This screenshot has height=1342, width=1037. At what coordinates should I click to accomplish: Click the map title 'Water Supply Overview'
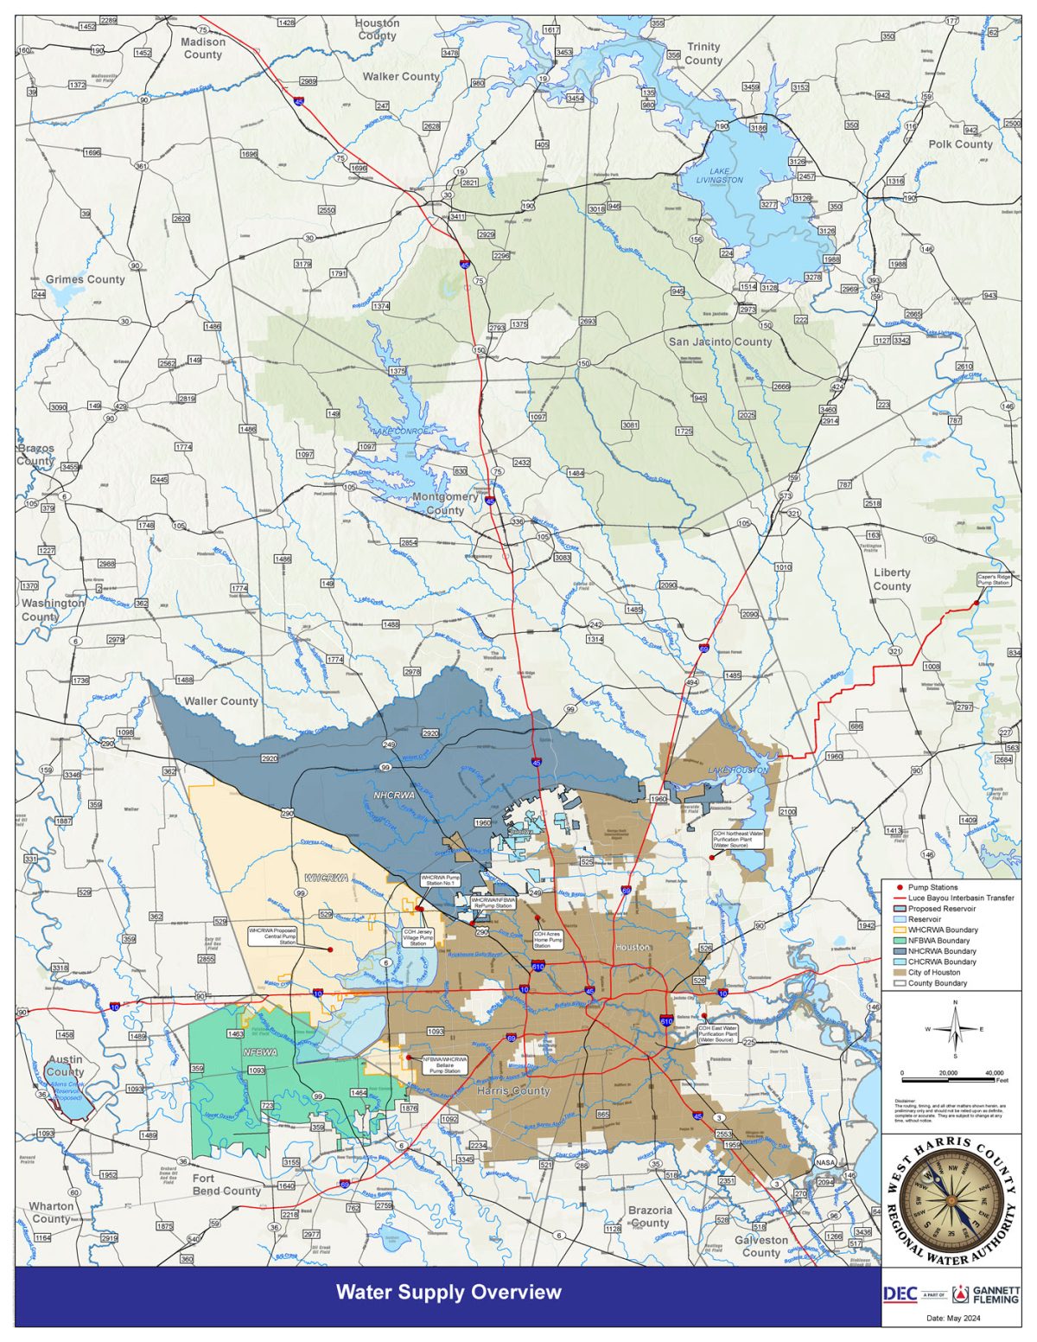tap(449, 1292)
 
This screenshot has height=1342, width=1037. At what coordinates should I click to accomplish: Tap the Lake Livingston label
tap(720, 176)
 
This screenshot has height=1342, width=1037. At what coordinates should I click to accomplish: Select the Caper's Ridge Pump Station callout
tap(993, 579)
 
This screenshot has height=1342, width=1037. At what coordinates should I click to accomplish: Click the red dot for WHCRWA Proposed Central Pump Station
tap(330, 949)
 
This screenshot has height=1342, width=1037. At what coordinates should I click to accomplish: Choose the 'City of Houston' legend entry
tap(933, 973)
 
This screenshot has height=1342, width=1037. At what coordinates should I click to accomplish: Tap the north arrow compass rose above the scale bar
tap(955, 1029)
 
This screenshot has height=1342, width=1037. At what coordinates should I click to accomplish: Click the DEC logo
tap(900, 1294)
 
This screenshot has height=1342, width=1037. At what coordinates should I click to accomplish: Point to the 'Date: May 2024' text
tap(953, 1319)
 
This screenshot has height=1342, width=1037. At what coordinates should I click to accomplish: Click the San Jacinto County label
tap(720, 342)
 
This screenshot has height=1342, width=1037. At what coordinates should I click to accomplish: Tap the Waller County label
tap(221, 701)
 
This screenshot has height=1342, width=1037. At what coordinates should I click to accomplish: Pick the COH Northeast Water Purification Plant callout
tap(738, 838)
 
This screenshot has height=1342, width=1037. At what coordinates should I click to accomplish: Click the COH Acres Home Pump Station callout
tap(548, 939)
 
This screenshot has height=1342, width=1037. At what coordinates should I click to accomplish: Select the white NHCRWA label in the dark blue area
tap(394, 794)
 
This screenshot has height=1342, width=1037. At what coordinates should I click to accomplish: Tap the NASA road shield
tap(825, 1163)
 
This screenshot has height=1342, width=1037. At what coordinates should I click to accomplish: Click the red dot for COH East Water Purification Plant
tap(704, 1016)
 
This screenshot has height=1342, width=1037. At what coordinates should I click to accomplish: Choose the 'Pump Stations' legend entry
tap(932, 887)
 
